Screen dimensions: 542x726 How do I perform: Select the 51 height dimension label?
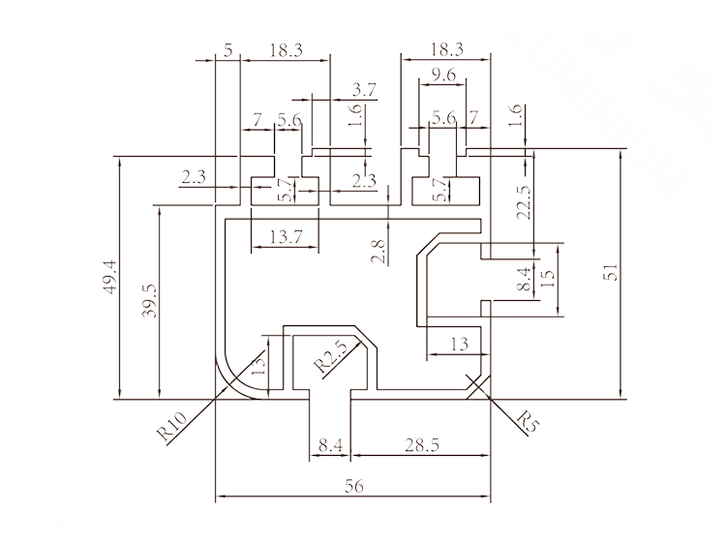coord(611,274)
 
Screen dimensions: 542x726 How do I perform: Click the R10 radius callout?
coord(170,425)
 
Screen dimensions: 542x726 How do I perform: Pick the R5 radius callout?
coord(528,421)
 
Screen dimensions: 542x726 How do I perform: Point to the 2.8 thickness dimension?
coord(379,253)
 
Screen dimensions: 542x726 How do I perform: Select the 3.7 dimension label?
coord(365,89)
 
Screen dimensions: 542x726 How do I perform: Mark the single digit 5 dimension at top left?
coord(228,50)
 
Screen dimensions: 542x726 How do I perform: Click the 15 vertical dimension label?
coord(548,277)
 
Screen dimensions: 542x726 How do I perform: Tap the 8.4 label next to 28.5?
coord(329,445)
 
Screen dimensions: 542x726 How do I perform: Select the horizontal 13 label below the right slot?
coord(459,343)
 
